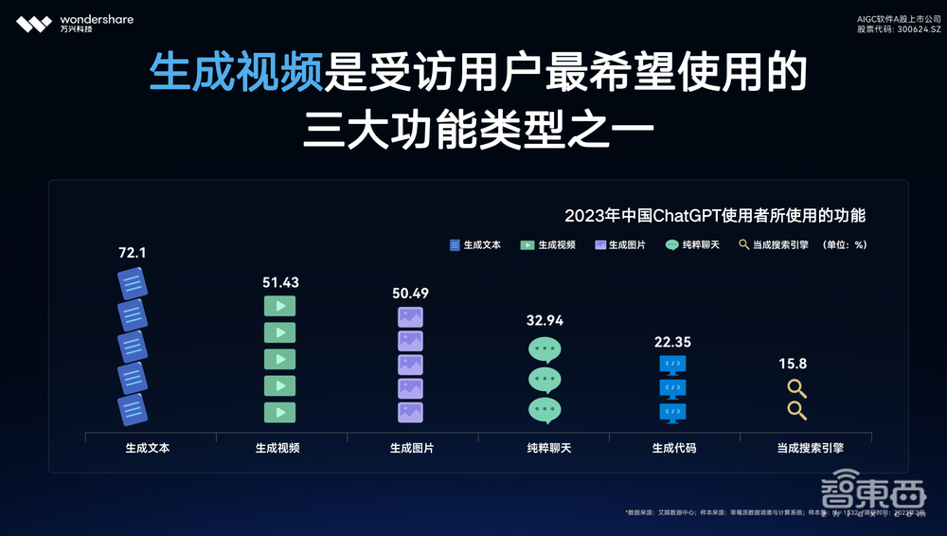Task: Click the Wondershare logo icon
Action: [33, 23]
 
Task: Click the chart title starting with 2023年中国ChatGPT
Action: [715, 215]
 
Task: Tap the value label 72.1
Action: [133, 253]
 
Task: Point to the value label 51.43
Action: [279, 282]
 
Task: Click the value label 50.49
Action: [411, 293]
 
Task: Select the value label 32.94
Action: [545, 320]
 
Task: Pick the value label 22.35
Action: [672, 342]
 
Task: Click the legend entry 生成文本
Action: [475, 244]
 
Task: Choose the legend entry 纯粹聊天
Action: [692, 244]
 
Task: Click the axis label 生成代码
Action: [674, 447]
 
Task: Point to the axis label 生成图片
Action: [411, 447]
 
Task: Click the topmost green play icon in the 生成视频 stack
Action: [279, 306]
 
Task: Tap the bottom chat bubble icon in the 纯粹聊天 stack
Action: [545, 410]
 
